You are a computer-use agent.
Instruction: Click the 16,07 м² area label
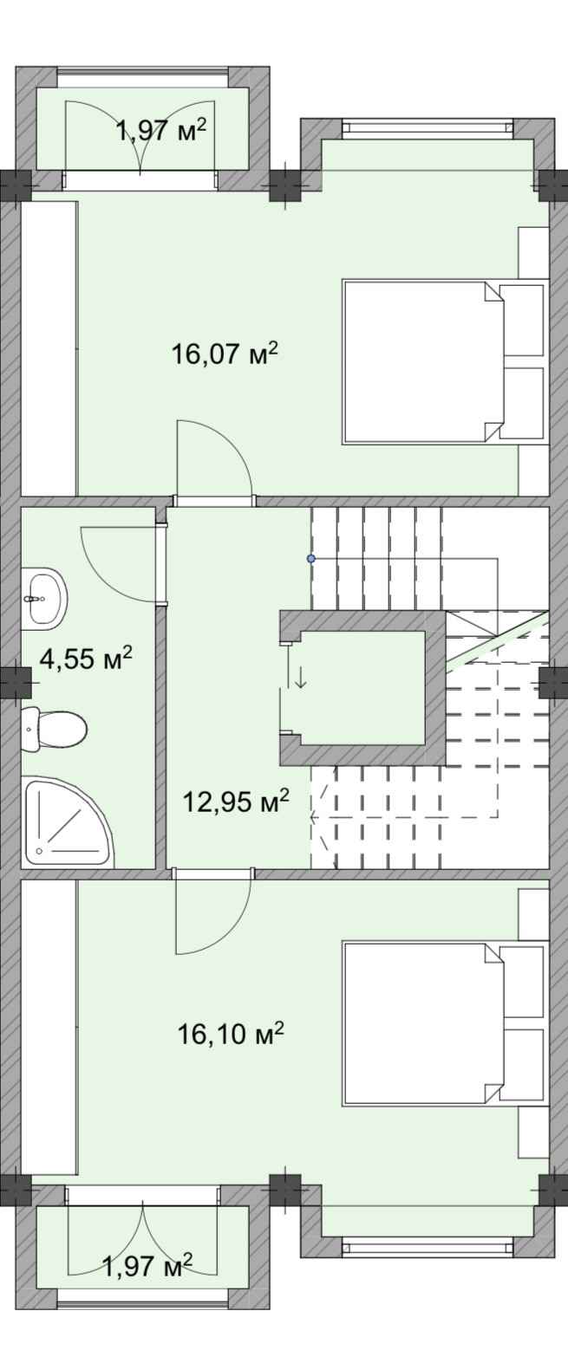point(225,353)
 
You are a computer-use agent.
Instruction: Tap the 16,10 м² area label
point(232,1033)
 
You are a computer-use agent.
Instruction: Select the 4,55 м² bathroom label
point(86,658)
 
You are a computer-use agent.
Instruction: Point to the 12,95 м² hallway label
point(236,802)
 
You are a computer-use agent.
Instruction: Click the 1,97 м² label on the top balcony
point(161,130)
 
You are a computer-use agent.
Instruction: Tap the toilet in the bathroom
point(54,729)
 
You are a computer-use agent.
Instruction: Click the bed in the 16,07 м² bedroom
point(442,361)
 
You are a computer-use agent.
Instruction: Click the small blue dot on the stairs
point(311,557)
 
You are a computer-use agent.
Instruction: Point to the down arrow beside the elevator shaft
point(300,677)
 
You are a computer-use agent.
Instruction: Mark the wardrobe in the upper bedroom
point(49,348)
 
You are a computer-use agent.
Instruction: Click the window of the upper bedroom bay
point(427,127)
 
